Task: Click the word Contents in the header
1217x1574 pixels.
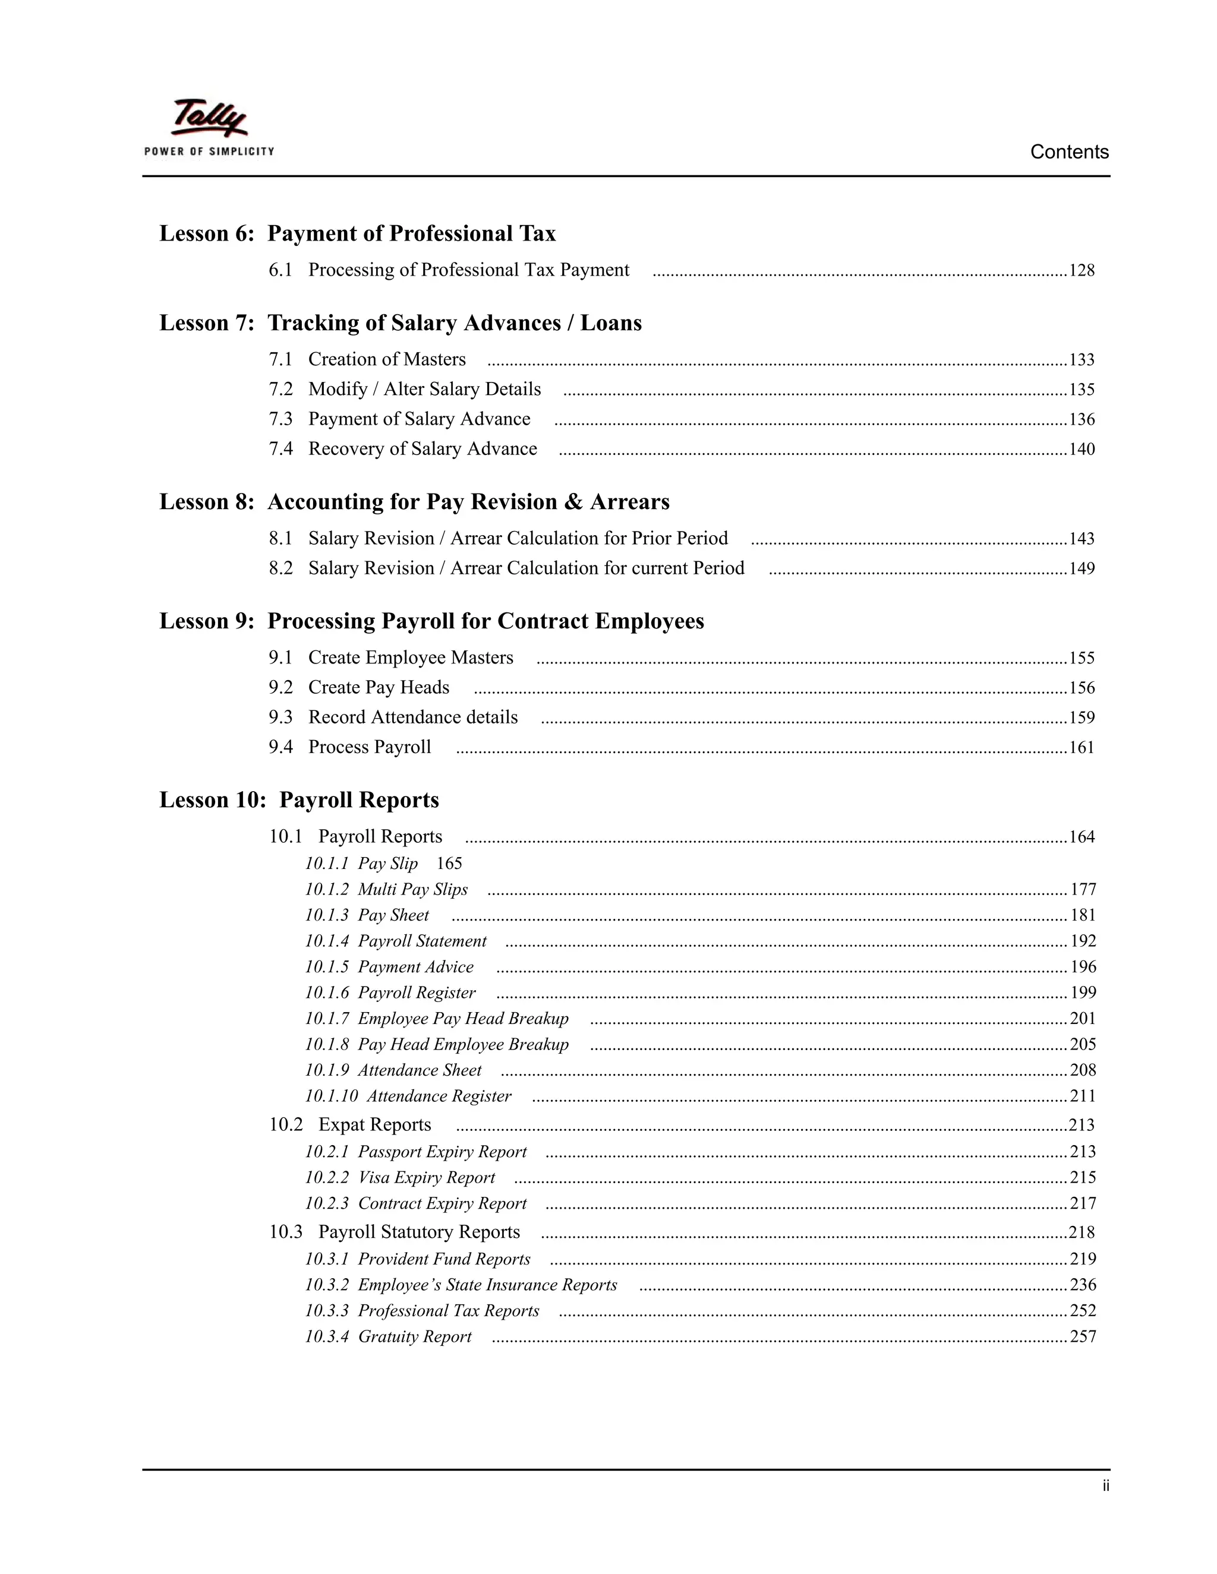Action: pos(1068,152)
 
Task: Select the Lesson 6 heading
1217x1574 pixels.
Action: pos(357,233)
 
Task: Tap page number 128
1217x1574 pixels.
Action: pos(1081,271)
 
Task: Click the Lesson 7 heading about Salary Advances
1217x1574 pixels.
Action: pos(400,323)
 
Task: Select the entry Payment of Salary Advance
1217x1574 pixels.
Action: pos(419,419)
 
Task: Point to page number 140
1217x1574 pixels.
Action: pos(1081,450)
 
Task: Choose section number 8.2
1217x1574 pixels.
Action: pos(280,568)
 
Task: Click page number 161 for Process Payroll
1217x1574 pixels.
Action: pos(1081,747)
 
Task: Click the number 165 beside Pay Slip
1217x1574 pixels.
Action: pos(449,864)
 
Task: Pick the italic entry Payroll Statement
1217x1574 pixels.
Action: pos(422,941)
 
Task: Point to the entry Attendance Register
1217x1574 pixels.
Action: pos(439,1096)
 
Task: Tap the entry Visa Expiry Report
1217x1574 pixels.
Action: pos(426,1178)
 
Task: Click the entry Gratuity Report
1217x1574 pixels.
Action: pos(414,1337)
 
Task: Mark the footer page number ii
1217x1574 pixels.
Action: pos(1105,1486)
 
